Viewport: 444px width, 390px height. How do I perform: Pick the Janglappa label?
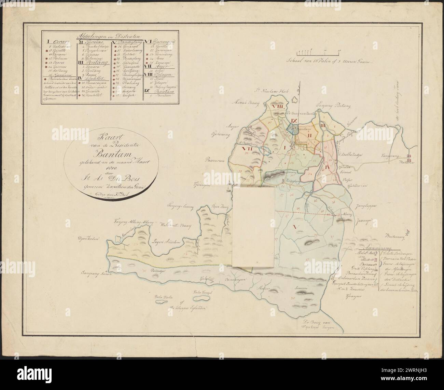click(x=365, y=207)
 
